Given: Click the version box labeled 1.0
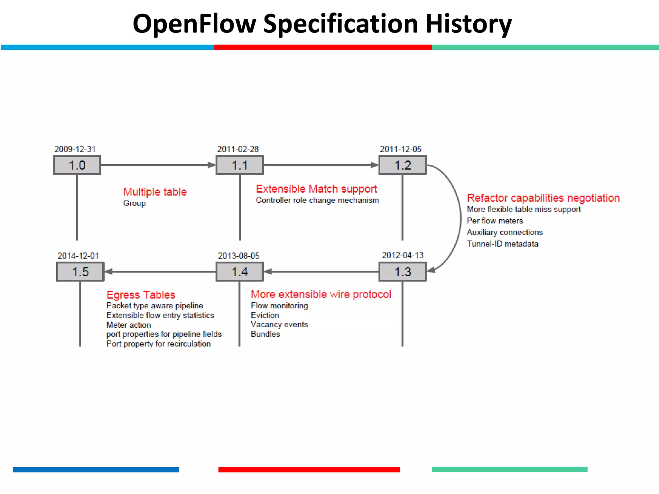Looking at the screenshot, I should coord(77,165).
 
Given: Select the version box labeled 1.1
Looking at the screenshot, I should coord(240,165).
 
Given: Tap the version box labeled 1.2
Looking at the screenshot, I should coord(403,165).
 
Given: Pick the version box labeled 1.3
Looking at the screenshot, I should coord(403,272).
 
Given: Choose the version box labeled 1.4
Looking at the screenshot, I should coord(240,272).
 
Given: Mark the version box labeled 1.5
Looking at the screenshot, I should coord(80,272).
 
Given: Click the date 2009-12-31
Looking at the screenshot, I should coord(75,149).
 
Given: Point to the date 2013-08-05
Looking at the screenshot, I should coord(238,256).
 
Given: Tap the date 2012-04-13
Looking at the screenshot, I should coord(403,255).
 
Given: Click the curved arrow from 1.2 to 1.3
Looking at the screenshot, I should coord(460,219).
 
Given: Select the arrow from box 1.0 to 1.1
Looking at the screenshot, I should coord(158,165).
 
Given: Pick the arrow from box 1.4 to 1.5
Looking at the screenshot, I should coord(160,272).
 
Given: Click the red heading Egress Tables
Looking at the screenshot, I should coord(141,295).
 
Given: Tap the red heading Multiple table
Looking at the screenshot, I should coord(155,192).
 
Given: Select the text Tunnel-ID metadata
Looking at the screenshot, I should coord(502,244).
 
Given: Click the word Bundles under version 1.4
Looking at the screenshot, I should coord(265,334).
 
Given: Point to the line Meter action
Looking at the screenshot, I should coord(128,325).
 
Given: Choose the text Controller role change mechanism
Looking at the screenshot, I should coord(317,200).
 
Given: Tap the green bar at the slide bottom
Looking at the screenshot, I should coord(509,470).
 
